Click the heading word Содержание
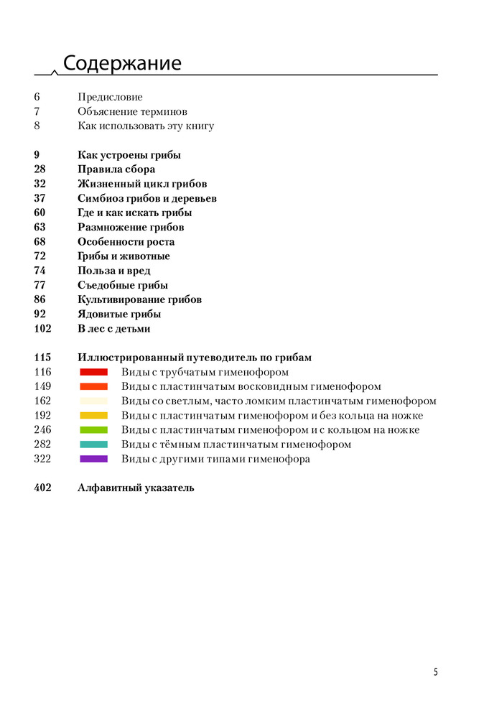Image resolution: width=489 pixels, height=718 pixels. (122, 63)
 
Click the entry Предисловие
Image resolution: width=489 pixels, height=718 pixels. (110, 97)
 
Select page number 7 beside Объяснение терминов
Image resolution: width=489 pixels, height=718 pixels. (37, 111)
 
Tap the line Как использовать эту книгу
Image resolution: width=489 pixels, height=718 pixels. (146, 126)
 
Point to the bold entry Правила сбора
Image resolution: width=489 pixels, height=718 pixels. (116, 169)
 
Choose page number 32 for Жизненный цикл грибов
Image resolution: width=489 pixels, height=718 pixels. (39, 184)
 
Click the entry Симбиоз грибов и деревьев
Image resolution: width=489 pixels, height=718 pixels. (147, 198)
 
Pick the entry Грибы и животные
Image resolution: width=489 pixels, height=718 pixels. (124, 256)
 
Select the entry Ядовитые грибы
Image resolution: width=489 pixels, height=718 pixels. (118, 314)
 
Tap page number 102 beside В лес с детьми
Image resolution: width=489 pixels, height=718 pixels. (42, 329)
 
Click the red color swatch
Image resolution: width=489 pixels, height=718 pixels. (93, 372)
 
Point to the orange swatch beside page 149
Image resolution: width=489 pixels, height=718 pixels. (93, 386)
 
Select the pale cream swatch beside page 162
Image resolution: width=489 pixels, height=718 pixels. (93, 401)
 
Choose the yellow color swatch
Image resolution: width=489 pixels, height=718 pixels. (93, 416)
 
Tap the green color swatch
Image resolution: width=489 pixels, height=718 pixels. (93, 430)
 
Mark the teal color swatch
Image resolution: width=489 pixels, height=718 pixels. (93, 444)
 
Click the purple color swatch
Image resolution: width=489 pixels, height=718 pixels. (93, 459)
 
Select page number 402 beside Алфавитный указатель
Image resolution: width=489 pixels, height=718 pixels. (42, 488)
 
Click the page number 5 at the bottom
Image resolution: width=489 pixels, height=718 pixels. (435, 672)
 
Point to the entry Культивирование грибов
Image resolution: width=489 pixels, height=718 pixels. (139, 299)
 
